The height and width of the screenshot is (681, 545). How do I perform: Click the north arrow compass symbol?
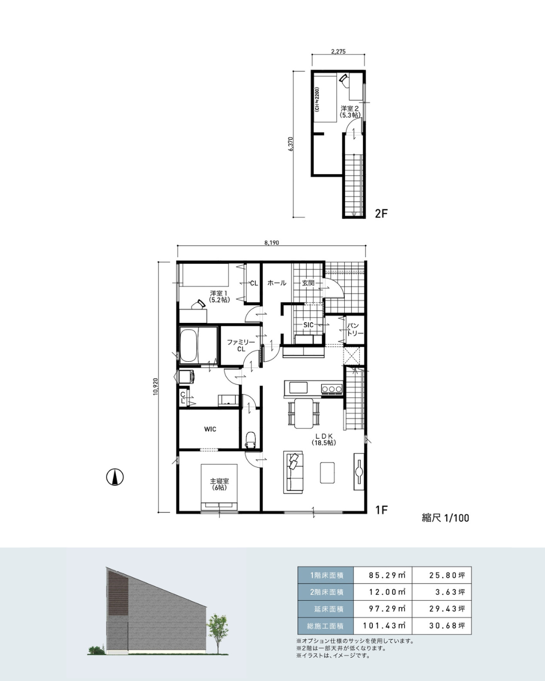coord(115,477)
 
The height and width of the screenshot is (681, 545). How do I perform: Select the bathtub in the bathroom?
coord(189,345)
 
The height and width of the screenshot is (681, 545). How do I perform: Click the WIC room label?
coord(210,429)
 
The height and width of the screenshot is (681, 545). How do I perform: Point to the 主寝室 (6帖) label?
coord(219,484)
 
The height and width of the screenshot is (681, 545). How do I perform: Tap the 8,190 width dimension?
coord(271,243)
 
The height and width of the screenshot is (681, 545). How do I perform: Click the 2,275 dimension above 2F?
coord(338,51)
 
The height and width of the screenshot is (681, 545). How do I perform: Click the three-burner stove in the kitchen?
coord(332,388)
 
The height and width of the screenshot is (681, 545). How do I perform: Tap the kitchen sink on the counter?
coord(298,387)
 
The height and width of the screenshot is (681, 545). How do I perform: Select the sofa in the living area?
coord(293,472)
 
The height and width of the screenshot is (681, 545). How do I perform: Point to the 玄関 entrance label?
coord(308,283)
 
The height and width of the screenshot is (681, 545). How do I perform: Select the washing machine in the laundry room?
coord(187,377)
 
